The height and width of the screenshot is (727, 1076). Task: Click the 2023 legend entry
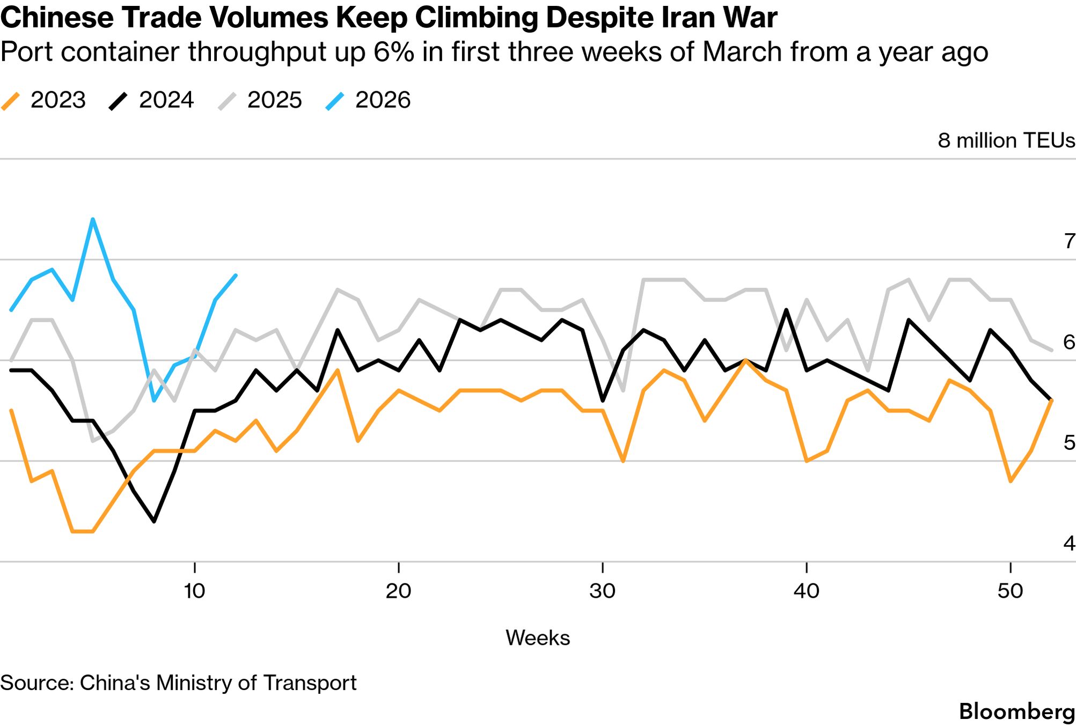[44, 100]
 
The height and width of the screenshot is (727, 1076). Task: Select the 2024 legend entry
[152, 100]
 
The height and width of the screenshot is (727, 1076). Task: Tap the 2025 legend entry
[260, 100]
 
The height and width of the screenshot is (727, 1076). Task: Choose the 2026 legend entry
[369, 100]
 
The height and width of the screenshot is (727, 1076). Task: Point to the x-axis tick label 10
[194, 591]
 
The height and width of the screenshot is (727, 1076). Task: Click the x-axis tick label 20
[398, 591]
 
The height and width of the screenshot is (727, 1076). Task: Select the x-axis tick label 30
[602, 591]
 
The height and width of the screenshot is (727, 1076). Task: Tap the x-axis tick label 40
[806, 591]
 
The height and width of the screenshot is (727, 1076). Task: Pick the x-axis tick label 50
[1010, 591]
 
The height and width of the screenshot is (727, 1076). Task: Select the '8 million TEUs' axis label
[1006, 140]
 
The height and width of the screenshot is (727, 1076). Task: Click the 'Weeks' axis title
[538, 638]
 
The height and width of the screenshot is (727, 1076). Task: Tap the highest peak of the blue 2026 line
[93, 219]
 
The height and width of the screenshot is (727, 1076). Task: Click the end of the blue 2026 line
[236, 276]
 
